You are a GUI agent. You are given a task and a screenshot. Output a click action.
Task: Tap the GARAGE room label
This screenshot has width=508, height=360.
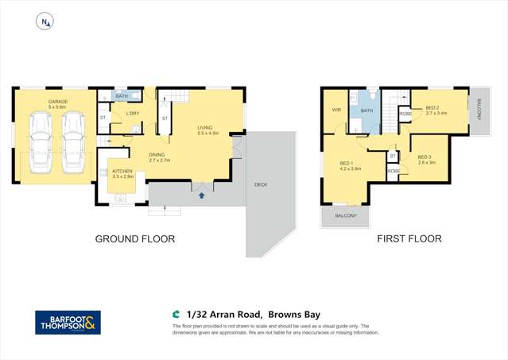[x=57, y=102]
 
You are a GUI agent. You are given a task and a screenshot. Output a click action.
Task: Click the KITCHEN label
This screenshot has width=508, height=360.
[x=122, y=172]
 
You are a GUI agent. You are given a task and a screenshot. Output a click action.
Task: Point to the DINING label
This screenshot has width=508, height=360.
[x=160, y=155]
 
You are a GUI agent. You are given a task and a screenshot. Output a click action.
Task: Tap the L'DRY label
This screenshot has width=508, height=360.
[x=133, y=114]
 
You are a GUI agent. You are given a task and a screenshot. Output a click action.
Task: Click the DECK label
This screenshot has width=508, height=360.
[x=261, y=184]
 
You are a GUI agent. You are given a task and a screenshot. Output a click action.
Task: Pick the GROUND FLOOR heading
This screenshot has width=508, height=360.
[x=135, y=238]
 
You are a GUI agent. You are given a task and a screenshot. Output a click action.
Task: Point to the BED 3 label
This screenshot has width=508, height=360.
[x=424, y=157]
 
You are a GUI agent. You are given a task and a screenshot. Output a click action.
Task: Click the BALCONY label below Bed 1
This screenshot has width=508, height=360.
[x=346, y=216]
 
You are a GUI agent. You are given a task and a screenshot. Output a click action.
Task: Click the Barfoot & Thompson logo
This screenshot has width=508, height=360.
[x=68, y=322]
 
